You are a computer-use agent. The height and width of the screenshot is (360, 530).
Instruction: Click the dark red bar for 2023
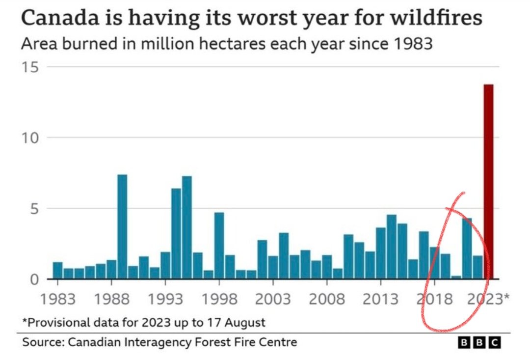[488, 182]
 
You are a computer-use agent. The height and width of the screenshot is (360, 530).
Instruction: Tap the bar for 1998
[219, 246]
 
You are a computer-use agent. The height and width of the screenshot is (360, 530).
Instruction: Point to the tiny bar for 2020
[456, 277]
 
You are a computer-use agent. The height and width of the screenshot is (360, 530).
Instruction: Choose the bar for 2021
[467, 249]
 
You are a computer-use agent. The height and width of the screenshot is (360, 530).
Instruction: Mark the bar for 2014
[391, 247]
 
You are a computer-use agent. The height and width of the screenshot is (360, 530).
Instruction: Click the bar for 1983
[57, 271]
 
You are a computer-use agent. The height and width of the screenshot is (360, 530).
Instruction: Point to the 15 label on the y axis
[30, 67]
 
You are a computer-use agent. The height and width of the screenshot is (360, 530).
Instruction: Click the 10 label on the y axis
[30, 138]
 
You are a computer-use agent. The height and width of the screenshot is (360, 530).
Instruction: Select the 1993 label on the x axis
[165, 298]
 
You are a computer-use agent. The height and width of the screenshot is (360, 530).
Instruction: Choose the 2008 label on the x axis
[327, 298]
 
